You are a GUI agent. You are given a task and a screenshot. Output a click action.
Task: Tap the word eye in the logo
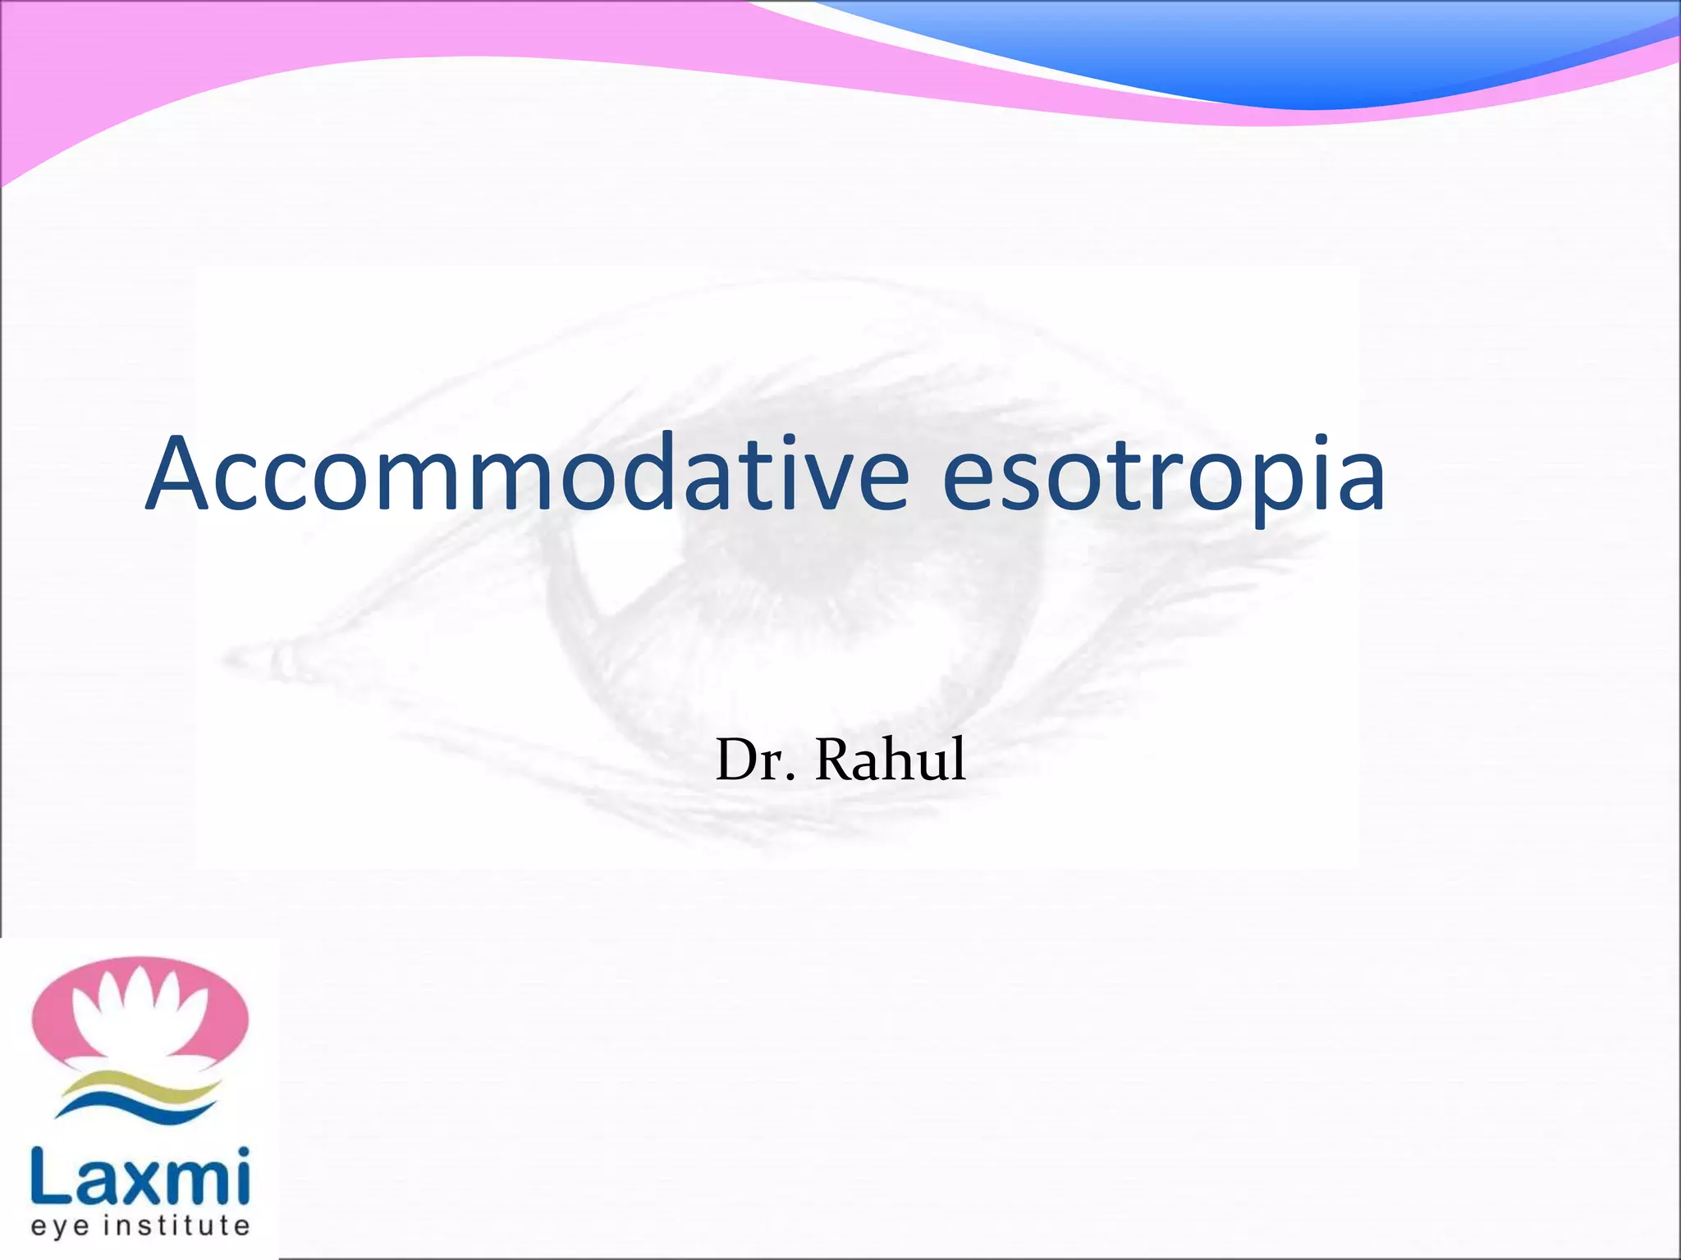pyautogui.click(x=59, y=1226)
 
